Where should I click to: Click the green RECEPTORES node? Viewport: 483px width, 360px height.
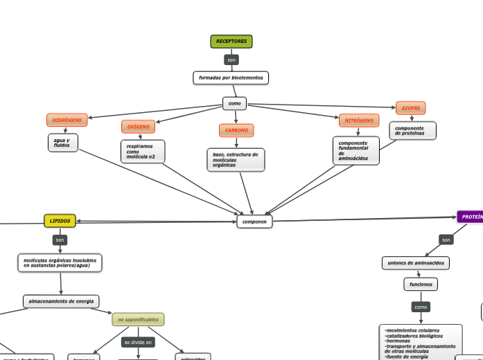point(231,42)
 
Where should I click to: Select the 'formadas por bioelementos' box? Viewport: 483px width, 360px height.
point(231,78)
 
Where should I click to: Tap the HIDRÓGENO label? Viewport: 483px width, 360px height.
point(67,120)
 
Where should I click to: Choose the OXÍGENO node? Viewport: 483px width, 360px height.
point(139,127)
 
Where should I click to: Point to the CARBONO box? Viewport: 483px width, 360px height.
point(236,130)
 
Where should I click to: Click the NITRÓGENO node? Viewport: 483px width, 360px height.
point(359,120)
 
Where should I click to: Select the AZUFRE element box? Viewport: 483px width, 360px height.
point(411,108)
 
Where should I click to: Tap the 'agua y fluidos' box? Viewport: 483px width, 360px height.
point(62,143)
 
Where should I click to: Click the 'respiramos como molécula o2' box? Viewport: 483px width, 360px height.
point(143,152)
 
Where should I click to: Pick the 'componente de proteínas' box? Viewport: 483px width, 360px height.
point(412,131)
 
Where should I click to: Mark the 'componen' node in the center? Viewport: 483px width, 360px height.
point(254,222)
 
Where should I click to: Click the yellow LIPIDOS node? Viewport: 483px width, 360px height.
point(60,221)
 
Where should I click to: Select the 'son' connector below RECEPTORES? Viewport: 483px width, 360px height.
point(231,60)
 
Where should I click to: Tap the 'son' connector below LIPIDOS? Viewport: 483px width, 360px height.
point(60,240)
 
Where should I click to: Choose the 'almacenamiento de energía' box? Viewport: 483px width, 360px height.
point(61,301)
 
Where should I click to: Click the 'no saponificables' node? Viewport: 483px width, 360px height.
point(138,319)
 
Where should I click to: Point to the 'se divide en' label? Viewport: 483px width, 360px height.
point(138,342)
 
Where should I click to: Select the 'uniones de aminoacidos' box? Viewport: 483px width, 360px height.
point(416,263)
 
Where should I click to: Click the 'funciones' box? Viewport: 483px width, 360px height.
point(421,285)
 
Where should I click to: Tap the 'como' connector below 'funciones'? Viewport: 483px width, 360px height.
point(421,307)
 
